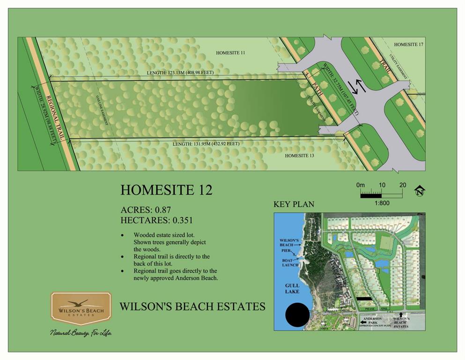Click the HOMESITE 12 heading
(166, 190)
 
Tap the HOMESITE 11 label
(230, 53)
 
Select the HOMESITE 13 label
(299, 155)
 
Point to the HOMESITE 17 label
(408, 45)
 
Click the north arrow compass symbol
(420, 191)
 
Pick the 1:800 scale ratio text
(381, 203)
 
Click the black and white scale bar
(381, 194)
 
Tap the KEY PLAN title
(294, 204)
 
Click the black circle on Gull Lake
(297, 315)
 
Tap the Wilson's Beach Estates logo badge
(81, 308)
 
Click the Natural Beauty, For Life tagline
(81, 332)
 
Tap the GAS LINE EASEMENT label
(103, 110)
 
